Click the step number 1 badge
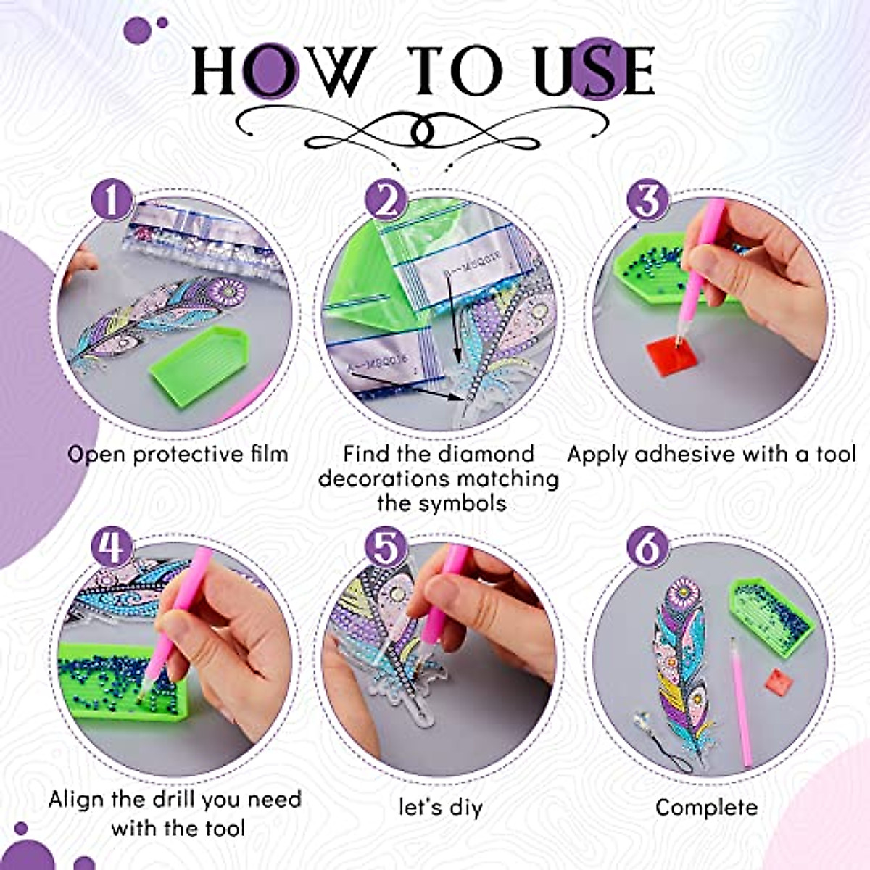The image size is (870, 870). [x=112, y=200]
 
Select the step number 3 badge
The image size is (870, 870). [x=647, y=200]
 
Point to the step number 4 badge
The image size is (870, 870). [x=112, y=547]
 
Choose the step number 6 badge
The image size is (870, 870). [x=647, y=547]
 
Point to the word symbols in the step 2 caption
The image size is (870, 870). [x=458, y=503]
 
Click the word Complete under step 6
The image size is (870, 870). [x=706, y=808]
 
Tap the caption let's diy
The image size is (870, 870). [x=441, y=808]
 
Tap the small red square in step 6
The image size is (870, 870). [x=776, y=682]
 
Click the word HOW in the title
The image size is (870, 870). [x=283, y=72]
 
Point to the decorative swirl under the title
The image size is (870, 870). [x=423, y=129]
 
